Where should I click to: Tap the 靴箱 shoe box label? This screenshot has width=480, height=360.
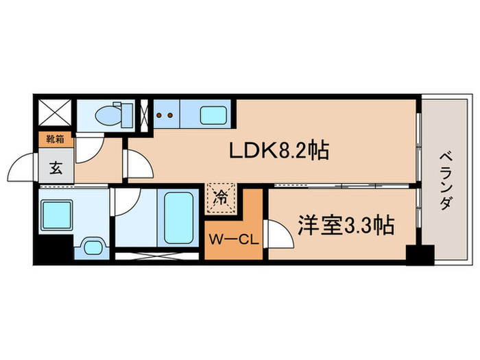click(55, 139)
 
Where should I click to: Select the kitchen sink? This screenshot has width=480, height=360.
click(213, 115)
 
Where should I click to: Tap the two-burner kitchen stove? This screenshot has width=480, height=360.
click(165, 115)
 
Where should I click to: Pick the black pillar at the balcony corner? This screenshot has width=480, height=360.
click(420, 255)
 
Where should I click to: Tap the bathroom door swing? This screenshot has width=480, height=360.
click(128, 201)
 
